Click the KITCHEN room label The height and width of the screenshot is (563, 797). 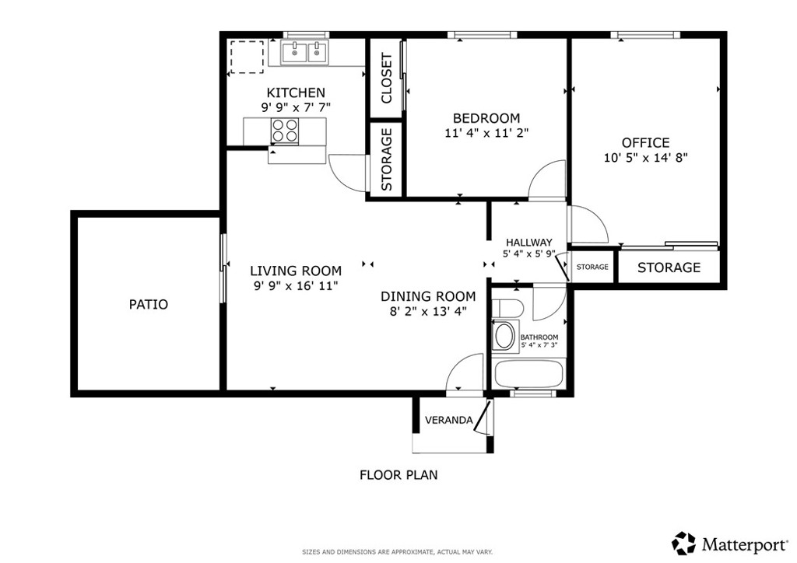(x=296, y=93)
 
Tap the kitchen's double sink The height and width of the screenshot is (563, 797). (x=305, y=53)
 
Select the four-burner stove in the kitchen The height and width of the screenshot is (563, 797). (x=285, y=131)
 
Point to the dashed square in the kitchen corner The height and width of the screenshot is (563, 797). (x=248, y=56)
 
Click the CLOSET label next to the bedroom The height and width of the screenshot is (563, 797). (x=386, y=78)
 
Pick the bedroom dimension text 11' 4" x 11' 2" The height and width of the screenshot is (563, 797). (x=486, y=133)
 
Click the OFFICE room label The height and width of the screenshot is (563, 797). (x=645, y=142)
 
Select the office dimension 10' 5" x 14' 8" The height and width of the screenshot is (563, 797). (x=645, y=157)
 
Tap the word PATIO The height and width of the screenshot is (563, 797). (x=148, y=304)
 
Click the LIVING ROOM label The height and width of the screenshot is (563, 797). (x=296, y=271)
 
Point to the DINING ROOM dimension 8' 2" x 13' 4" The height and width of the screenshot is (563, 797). (x=427, y=312)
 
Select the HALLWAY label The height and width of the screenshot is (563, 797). (x=528, y=242)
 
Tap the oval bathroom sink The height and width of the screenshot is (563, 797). (x=505, y=337)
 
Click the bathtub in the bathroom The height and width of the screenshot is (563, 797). (x=529, y=373)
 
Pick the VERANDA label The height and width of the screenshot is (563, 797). (x=448, y=421)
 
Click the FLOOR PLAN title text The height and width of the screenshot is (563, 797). (x=398, y=474)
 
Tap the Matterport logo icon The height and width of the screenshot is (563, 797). (x=684, y=542)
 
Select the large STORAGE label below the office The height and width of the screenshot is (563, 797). (x=669, y=268)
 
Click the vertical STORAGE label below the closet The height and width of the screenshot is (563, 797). (x=386, y=159)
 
